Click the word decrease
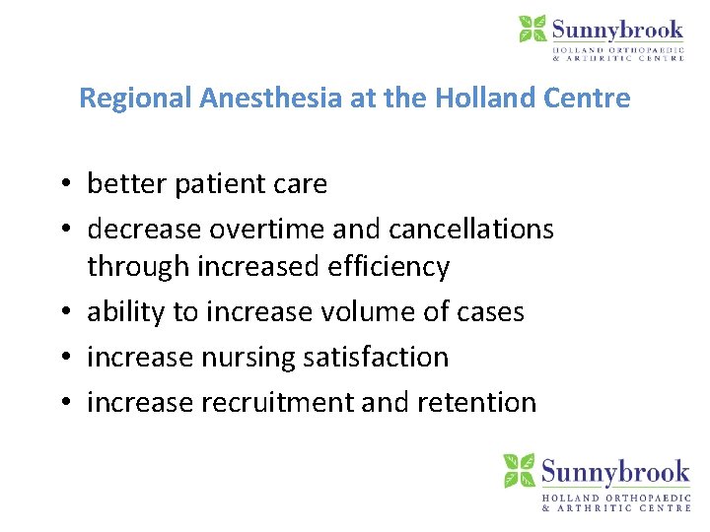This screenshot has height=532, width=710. (x=140, y=230)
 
